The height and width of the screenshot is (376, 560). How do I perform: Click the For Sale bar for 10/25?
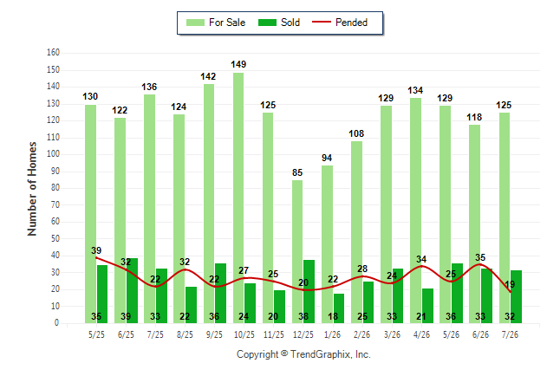[x=238, y=198]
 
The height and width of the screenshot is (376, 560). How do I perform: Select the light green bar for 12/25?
[x=297, y=252]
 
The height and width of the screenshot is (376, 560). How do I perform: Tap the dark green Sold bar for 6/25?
[x=132, y=290]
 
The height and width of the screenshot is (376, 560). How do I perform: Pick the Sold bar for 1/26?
[x=339, y=308]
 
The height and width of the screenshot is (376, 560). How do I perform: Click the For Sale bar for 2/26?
[x=356, y=232]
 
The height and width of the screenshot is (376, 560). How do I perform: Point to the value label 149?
[x=238, y=64]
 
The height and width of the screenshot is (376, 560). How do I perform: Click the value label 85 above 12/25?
[x=297, y=172]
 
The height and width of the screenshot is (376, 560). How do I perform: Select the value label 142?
[x=208, y=76]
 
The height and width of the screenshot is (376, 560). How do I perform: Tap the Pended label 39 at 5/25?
[x=96, y=250]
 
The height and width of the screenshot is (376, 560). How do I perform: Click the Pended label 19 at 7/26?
[x=510, y=284]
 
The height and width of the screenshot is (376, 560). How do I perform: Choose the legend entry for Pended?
[x=340, y=23]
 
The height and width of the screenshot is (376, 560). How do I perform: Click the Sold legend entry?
[x=279, y=23]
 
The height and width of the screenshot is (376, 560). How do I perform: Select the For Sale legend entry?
[x=216, y=23]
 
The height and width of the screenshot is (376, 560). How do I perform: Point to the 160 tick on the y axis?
[x=53, y=53]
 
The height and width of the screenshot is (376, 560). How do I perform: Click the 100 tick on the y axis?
[x=53, y=154]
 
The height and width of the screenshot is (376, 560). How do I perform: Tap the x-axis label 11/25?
[x=274, y=334]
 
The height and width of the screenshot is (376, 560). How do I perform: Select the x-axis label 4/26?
[x=421, y=334]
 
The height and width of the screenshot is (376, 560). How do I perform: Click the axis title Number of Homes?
[x=32, y=189]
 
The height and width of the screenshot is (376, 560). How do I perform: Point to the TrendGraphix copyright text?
[x=303, y=354]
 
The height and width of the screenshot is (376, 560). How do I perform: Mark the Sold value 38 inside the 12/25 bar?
[x=303, y=316]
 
